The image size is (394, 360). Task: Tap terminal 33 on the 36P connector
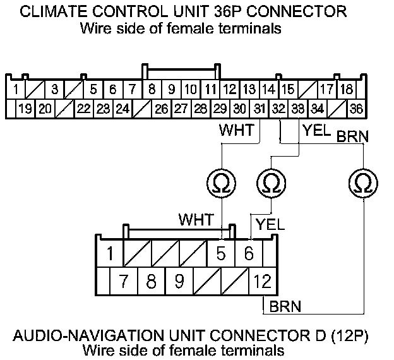[298, 108]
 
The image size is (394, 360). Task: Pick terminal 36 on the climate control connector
[356, 108]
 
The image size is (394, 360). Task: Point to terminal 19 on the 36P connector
[25, 108]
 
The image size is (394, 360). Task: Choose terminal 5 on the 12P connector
[221, 254]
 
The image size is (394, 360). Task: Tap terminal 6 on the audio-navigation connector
[248, 254]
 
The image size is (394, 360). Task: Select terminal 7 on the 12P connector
[124, 280]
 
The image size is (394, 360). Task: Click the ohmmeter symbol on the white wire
[222, 183]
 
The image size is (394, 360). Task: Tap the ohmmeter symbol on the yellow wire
[271, 183]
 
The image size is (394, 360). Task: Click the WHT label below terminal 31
[236, 131]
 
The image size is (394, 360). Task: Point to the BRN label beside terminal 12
[285, 307]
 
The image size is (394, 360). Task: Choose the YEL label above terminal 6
[270, 224]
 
